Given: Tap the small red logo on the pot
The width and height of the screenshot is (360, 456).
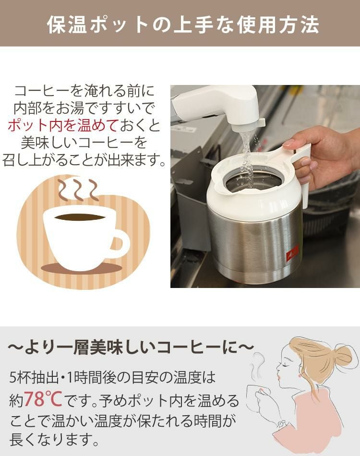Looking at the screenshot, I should pyautogui.click(x=292, y=252).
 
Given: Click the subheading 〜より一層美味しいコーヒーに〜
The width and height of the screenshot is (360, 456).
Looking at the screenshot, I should pyautogui.click(x=130, y=347).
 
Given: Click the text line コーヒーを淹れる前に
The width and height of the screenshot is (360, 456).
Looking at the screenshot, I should pyautogui.click(x=85, y=91).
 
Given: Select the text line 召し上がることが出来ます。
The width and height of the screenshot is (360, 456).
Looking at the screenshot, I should pyautogui.click(x=85, y=160).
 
